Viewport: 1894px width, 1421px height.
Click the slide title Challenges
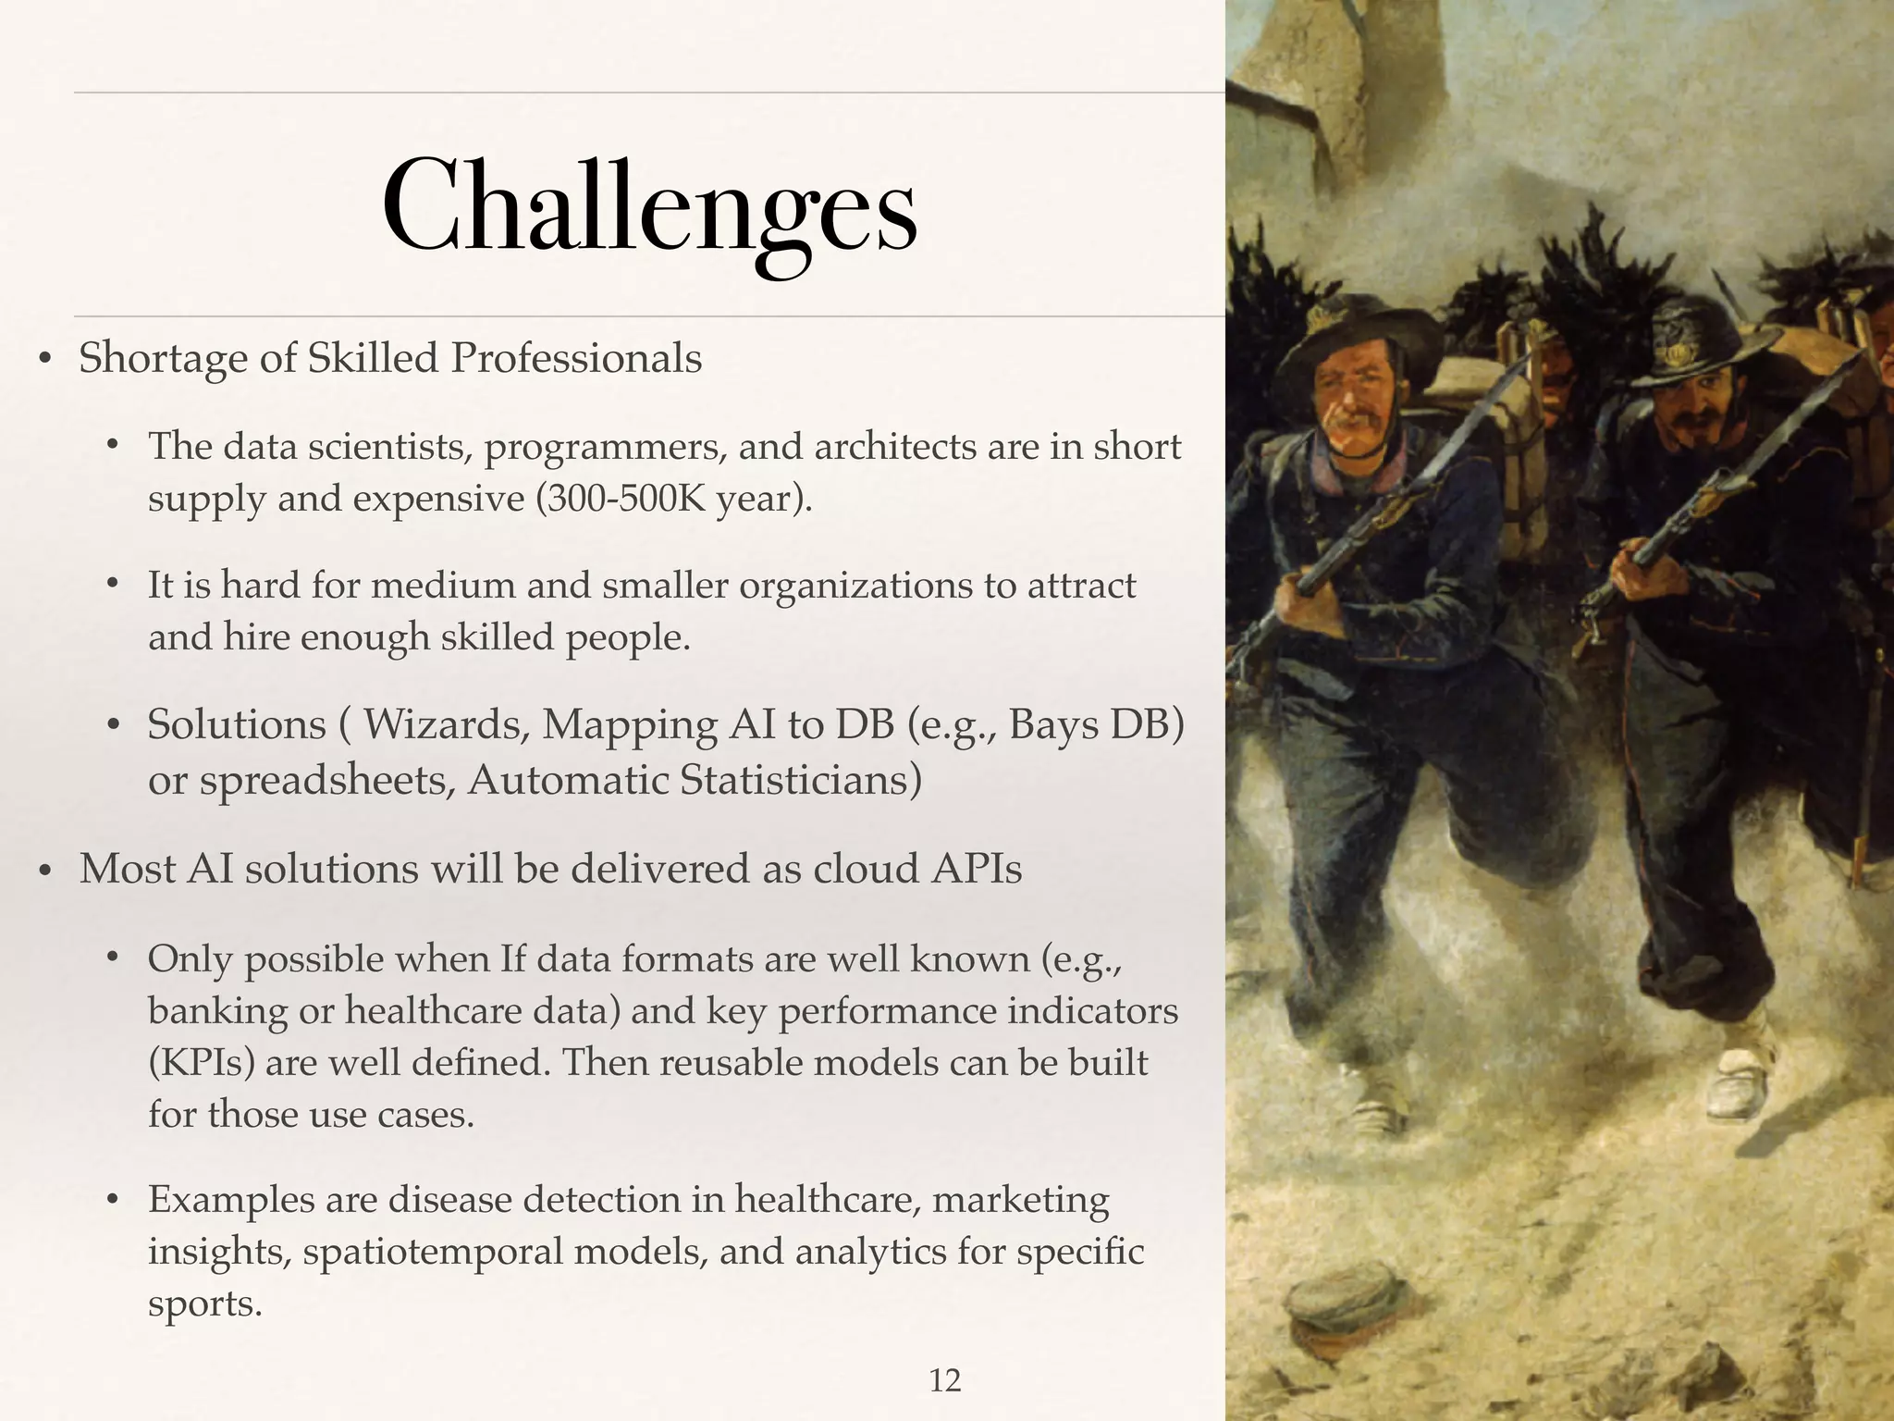649,208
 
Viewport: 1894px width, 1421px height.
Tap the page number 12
944,1380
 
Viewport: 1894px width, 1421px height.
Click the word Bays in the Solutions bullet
1052,724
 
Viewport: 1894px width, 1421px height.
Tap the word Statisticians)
801,780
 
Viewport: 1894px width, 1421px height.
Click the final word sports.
204,1303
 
